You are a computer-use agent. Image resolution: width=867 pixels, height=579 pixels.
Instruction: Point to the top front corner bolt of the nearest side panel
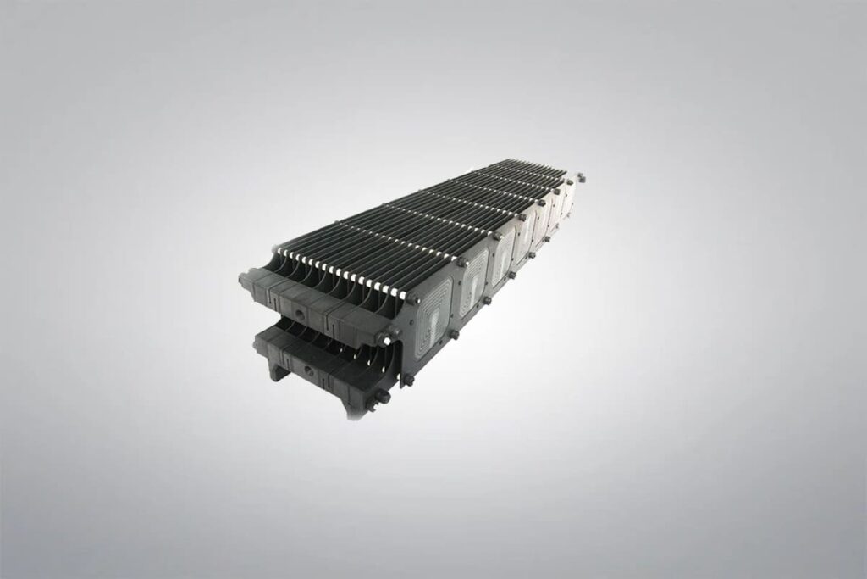412,298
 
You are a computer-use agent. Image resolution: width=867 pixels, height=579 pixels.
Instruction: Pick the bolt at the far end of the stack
581,178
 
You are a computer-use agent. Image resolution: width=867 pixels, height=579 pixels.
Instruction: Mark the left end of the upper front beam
245,280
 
